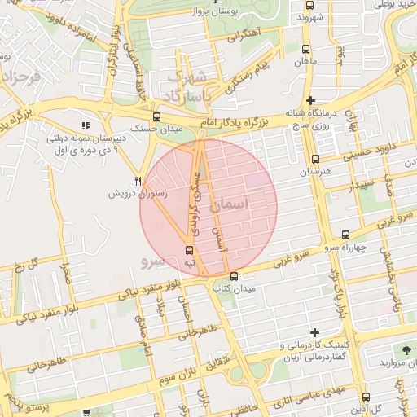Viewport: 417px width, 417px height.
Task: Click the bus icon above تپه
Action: click(x=189, y=250)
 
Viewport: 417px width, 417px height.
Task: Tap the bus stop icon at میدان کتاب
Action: click(x=234, y=276)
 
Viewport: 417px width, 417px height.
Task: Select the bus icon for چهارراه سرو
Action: click(x=345, y=235)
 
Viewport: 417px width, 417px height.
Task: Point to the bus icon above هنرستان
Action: click(x=315, y=160)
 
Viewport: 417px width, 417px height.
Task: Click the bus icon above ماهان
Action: click(x=305, y=49)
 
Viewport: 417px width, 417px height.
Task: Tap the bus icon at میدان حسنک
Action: click(x=156, y=116)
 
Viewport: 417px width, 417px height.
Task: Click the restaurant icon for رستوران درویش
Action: click(x=138, y=181)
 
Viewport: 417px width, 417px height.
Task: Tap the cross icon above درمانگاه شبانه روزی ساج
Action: click(x=310, y=100)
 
